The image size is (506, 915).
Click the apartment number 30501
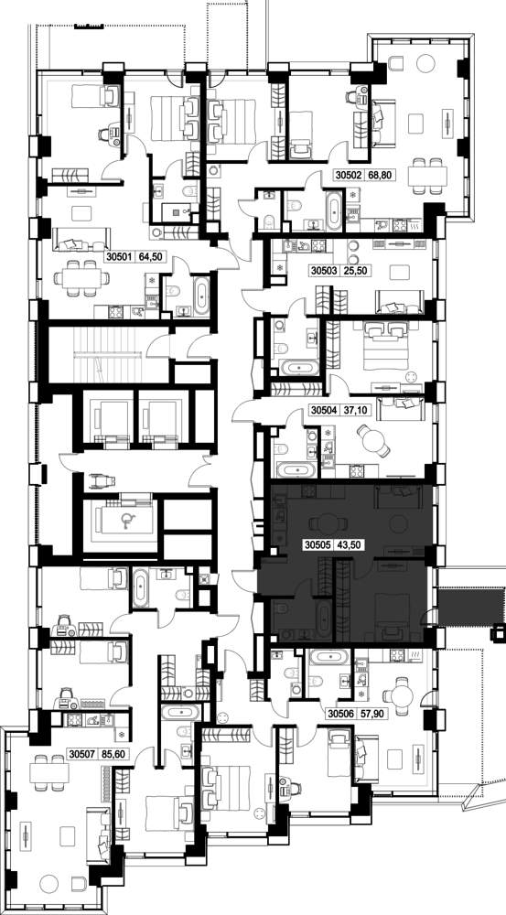click(x=120, y=255)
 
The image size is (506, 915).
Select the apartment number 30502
click(x=350, y=174)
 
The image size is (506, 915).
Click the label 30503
click(x=324, y=272)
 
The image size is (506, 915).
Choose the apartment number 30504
click(x=324, y=410)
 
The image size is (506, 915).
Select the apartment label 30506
click(x=340, y=713)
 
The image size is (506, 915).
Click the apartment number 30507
click(x=82, y=753)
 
